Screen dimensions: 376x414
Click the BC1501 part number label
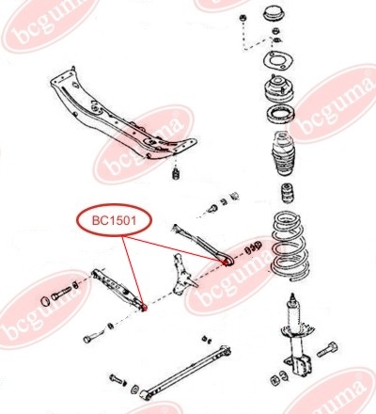pos(114,220)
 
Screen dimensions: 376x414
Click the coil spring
pos(290,246)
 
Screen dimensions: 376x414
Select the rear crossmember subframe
pos(123,115)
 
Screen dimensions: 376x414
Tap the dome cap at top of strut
pos(274,13)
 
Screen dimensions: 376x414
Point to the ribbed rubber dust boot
pos(283,153)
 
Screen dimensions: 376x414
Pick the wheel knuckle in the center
pos(182,275)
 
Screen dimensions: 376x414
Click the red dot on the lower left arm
pos(144,308)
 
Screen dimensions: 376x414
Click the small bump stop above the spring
pos(287,195)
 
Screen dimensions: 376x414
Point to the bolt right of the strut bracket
pos(327,350)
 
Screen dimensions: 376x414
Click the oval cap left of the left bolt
pos(46,302)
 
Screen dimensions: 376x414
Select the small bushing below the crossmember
pos(177,174)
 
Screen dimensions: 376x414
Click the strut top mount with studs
pos(278,88)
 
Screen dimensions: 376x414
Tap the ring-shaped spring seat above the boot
pos(280,116)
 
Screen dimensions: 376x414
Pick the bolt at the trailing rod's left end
pos(116,378)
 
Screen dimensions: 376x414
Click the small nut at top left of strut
pos(243,18)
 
